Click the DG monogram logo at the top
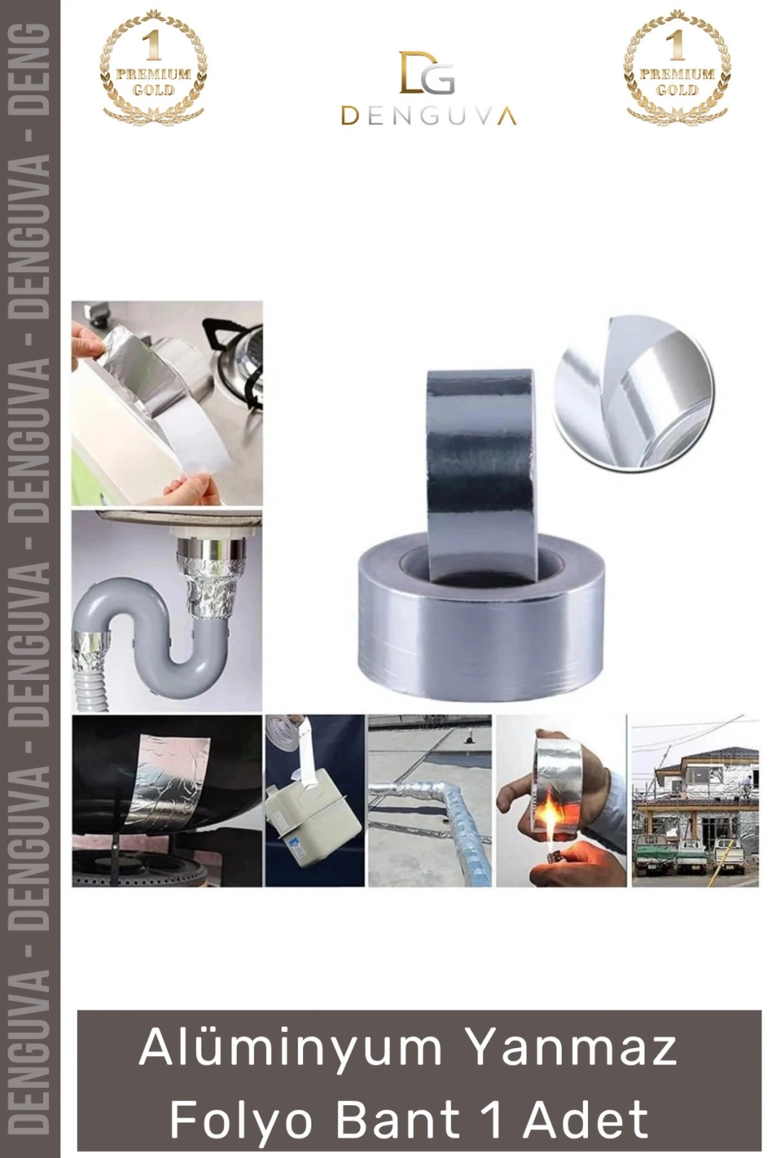pos(427,72)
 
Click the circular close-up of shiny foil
pos(632,393)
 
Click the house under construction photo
pos(695,801)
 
